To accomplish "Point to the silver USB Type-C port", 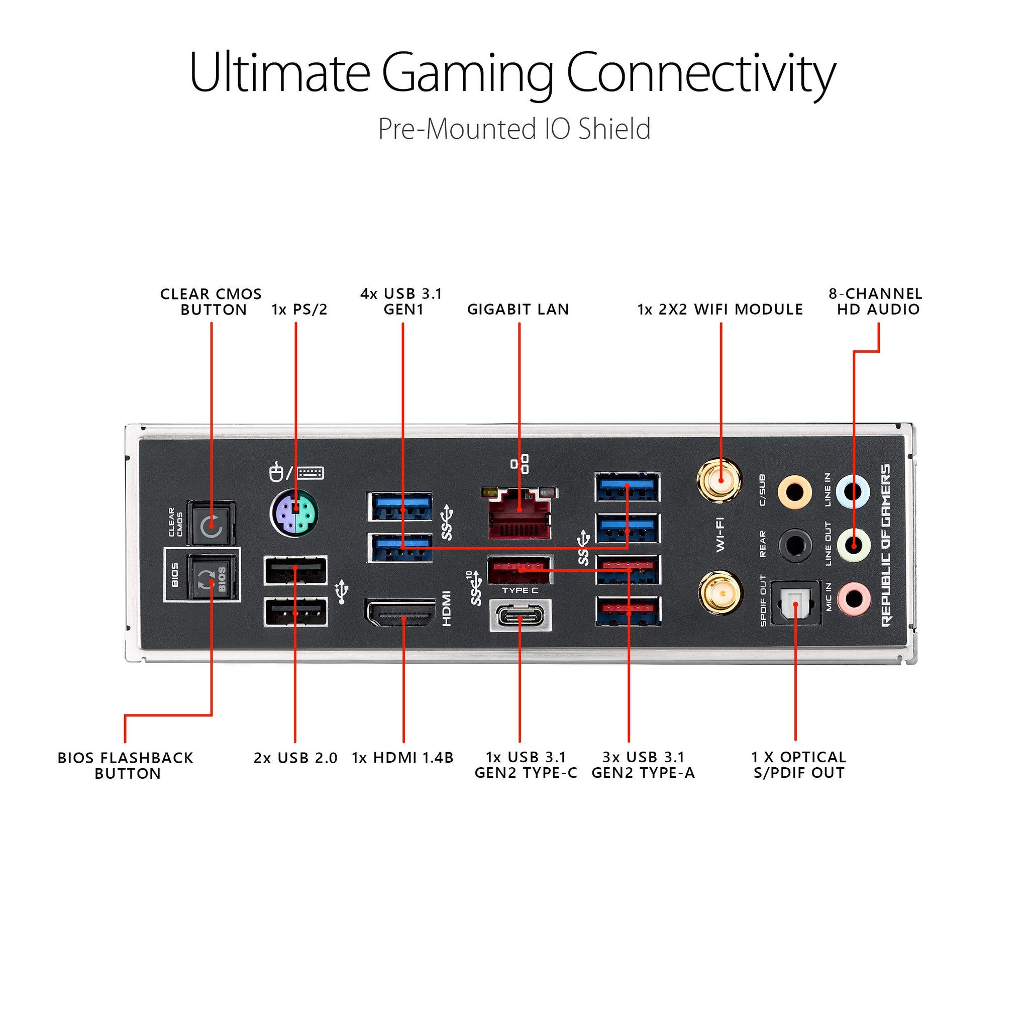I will click(x=521, y=615).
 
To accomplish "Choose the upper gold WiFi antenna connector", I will click(x=719, y=481).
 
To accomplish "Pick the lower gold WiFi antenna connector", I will click(x=719, y=592).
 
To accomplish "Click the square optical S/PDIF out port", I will click(x=796, y=602).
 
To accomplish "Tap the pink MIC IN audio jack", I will click(x=853, y=598).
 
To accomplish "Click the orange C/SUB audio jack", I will click(x=794, y=490).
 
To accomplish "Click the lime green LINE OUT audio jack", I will click(x=853, y=545).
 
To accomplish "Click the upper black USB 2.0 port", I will click(x=295, y=570).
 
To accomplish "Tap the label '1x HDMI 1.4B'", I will click(x=402, y=757).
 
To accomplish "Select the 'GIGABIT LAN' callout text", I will click(x=518, y=310).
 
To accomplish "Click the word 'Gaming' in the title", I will click(x=467, y=73).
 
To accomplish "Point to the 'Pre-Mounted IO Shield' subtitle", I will click(x=514, y=129).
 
